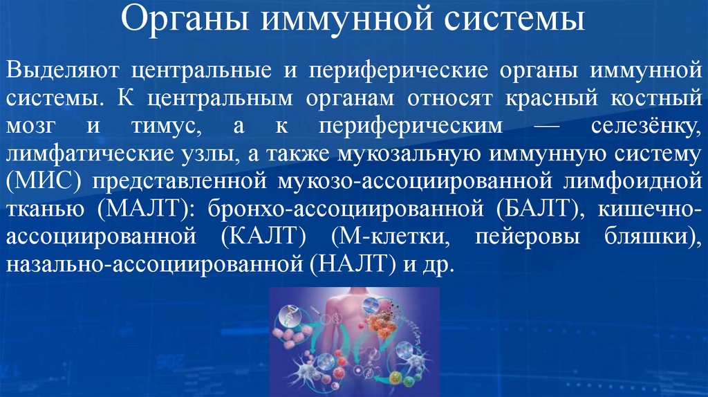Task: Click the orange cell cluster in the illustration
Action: click(x=380, y=326)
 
